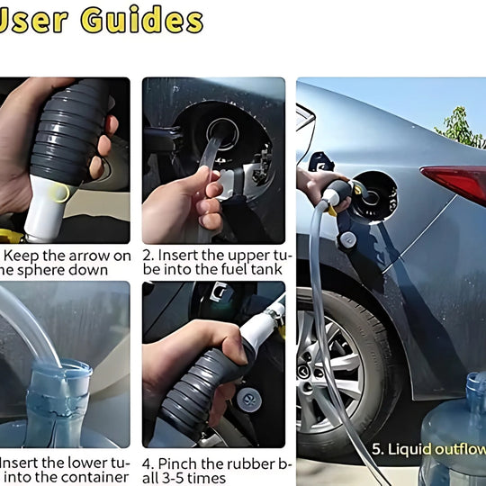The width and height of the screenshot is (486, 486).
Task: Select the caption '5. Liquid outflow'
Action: (x=427, y=447)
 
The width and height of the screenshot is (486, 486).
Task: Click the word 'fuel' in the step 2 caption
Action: (x=224, y=270)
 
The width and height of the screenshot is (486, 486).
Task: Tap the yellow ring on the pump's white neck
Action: (x=58, y=192)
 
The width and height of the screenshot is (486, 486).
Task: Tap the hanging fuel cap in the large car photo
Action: (x=346, y=240)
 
